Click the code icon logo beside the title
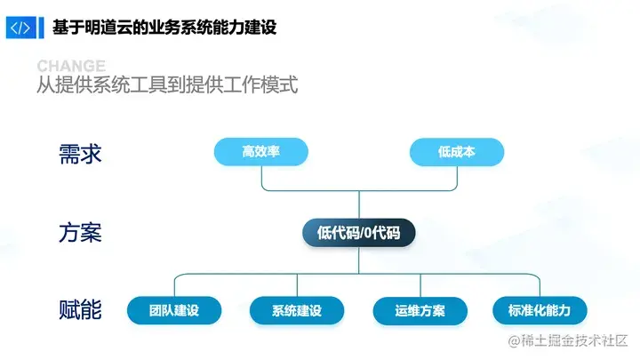point(20,27)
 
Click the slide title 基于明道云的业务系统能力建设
point(164,27)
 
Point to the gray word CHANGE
point(71,67)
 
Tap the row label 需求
point(80,153)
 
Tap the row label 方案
point(80,233)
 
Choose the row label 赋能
point(80,310)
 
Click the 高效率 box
point(261,152)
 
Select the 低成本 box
point(456,152)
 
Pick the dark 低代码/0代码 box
point(358,233)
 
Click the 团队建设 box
point(174,310)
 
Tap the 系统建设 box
point(296,310)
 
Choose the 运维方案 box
point(420,310)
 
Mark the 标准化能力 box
point(540,310)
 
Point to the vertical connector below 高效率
point(261,179)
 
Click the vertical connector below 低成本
point(456,179)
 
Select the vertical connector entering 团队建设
point(174,284)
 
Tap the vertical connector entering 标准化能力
point(540,284)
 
